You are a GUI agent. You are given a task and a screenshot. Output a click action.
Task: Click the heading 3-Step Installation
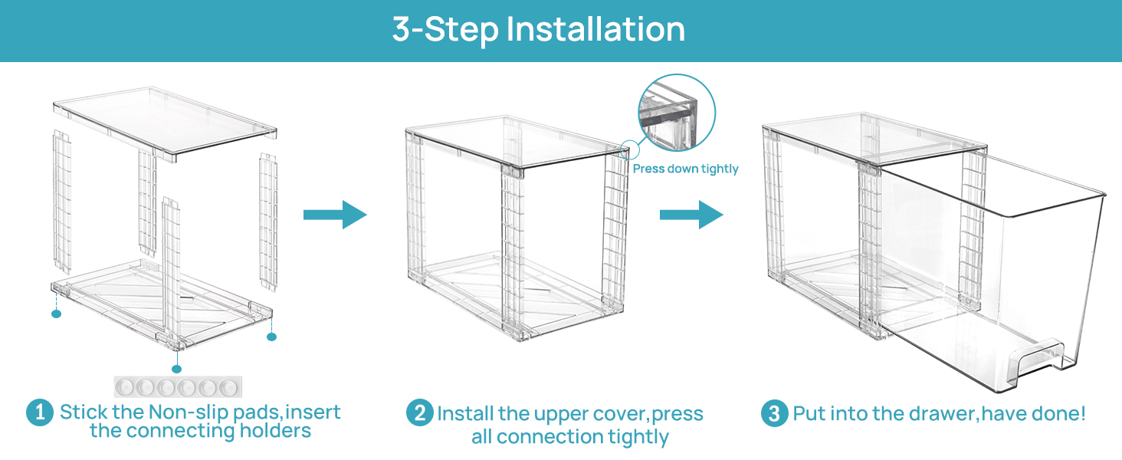(538, 30)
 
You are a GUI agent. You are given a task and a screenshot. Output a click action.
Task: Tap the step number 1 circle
(39, 413)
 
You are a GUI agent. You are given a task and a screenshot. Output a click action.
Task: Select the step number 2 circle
(419, 414)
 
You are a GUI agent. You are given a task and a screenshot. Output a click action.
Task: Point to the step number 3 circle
(774, 414)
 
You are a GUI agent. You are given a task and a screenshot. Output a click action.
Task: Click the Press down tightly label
(685, 169)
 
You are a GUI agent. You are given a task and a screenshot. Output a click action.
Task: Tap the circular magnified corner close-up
(676, 113)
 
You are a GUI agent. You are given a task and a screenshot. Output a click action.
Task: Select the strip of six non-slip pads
(176, 386)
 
